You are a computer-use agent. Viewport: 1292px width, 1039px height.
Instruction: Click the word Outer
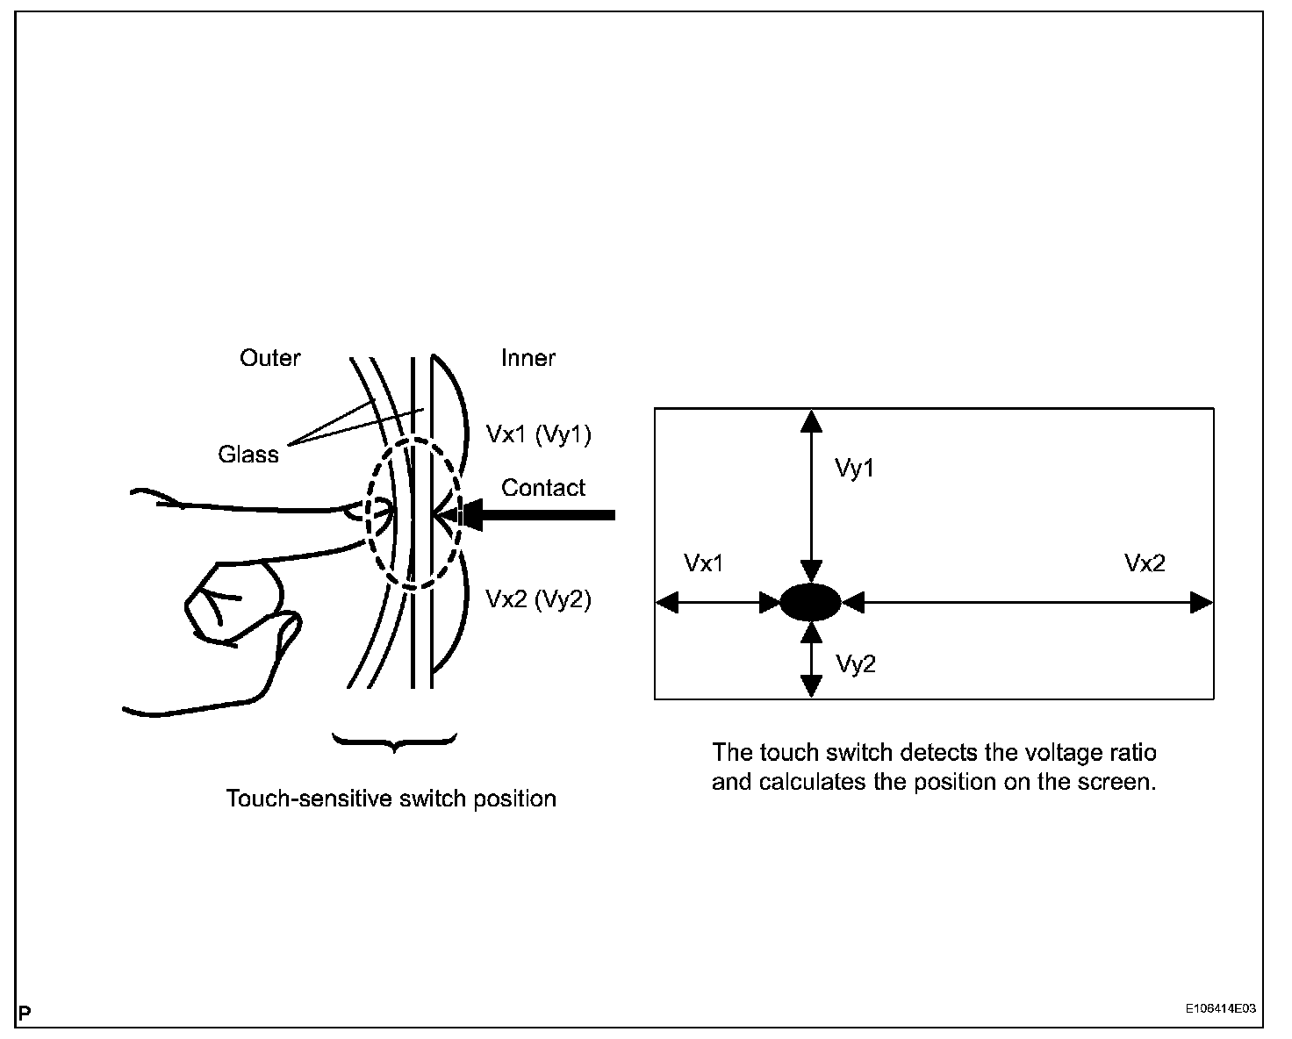[269, 358]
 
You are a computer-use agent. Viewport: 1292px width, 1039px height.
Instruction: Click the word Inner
[528, 358]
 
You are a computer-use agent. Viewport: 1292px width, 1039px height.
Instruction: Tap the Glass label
[248, 455]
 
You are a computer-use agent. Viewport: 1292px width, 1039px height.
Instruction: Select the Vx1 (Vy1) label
[538, 434]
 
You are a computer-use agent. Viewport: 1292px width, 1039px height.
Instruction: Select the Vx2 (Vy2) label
[538, 599]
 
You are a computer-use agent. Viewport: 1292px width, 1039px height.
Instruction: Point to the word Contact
[543, 488]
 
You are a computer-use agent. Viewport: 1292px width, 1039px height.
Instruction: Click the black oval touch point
[811, 603]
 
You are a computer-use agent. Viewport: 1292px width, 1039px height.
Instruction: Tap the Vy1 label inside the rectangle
[854, 469]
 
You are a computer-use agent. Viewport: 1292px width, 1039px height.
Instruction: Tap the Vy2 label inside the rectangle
[855, 664]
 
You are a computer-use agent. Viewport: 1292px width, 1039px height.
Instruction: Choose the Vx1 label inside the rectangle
[704, 563]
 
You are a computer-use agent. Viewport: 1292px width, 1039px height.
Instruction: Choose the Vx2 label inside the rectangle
[1145, 563]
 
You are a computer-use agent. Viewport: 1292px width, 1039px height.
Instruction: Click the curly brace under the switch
[395, 742]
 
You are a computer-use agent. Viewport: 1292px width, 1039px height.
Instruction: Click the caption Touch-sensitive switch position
[391, 799]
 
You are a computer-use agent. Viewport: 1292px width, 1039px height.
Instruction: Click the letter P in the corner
[25, 1014]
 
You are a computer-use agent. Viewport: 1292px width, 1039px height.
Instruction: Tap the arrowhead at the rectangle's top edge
[813, 420]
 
